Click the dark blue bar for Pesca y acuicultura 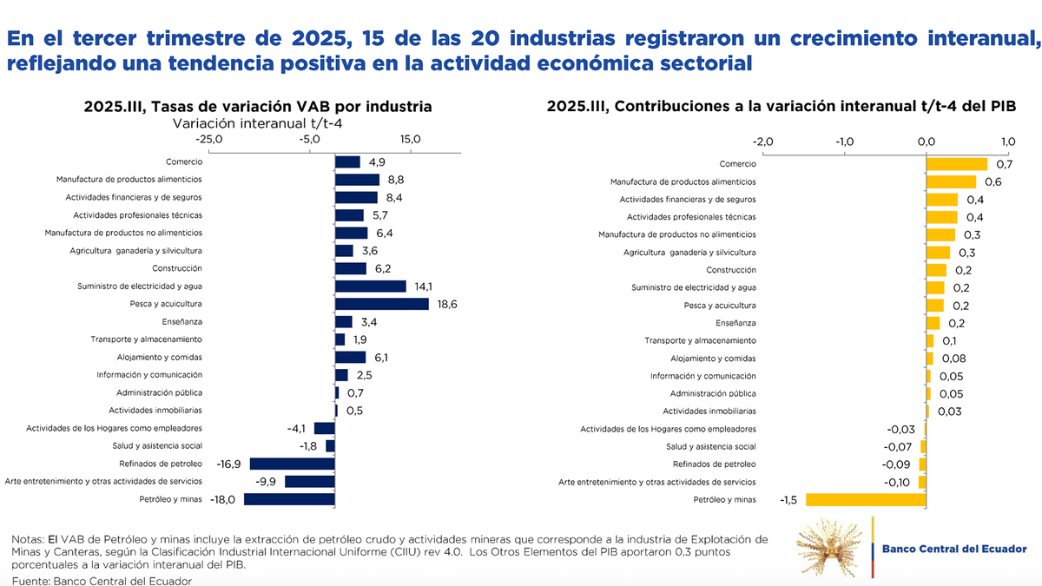click(x=382, y=304)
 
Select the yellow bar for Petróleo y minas click(x=866, y=499)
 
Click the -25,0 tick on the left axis click(x=209, y=139)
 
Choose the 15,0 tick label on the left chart click(x=411, y=139)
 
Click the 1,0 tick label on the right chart click(x=1007, y=142)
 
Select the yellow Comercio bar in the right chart click(x=957, y=164)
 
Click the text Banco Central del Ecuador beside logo click(x=953, y=549)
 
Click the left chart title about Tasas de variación click(x=258, y=107)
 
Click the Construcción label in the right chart click(x=731, y=270)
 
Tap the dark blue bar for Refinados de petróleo click(x=293, y=464)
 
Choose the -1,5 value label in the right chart click(x=788, y=499)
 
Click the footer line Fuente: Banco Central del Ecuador click(x=102, y=580)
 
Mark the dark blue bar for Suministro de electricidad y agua click(x=371, y=286)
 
